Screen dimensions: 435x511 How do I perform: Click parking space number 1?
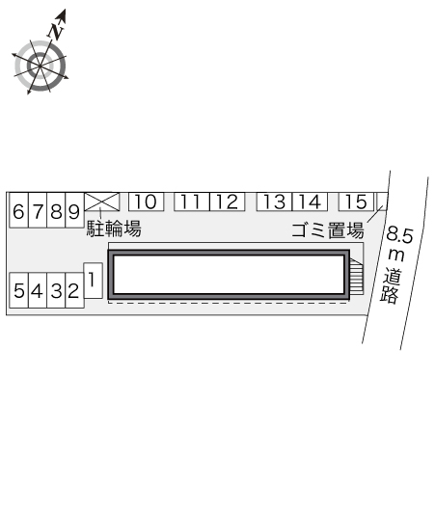tap(94, 281)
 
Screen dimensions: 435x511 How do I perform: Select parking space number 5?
tap(19, 290)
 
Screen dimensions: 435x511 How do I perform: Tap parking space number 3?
tap(56, 290)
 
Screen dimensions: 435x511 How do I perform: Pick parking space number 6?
tap(19, 210)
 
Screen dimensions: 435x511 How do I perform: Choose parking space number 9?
tap(74, 210)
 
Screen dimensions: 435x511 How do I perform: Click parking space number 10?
tap(146, 202)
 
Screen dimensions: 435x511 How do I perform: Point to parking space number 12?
tap(227, 202)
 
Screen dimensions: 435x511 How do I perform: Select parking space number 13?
tap(275, 202)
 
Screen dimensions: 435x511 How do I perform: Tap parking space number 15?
tap(356, 202)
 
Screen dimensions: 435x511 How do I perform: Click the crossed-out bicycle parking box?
tap(102, 202)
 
